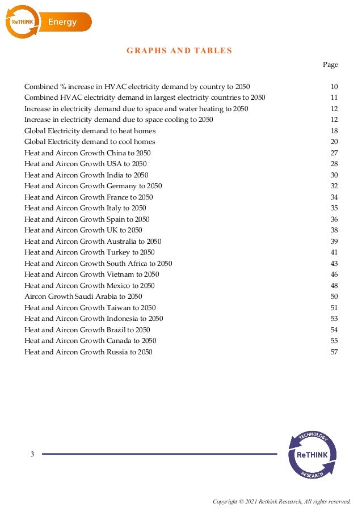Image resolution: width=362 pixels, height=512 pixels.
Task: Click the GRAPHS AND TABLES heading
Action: tap(179, 50)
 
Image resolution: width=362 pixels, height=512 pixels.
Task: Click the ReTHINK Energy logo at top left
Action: tap(48, 22)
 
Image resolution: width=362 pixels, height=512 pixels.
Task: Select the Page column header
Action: tap(330, 65)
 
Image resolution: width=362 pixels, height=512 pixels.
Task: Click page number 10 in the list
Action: tap(334, 87)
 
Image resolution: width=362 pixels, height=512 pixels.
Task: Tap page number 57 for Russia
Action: tap(334, 352)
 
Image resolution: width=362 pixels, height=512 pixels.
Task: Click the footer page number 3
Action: tap(32, 454)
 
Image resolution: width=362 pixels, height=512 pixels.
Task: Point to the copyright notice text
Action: tap(281, 501)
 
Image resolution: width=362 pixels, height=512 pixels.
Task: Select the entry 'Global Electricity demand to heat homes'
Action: tap(90, 131)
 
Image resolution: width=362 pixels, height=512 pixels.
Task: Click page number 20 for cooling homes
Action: tap(334, 142)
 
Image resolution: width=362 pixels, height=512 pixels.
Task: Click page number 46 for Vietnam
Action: tap(334, 274)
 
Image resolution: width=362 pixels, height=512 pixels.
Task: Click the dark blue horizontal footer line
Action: tap(159, 454)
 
